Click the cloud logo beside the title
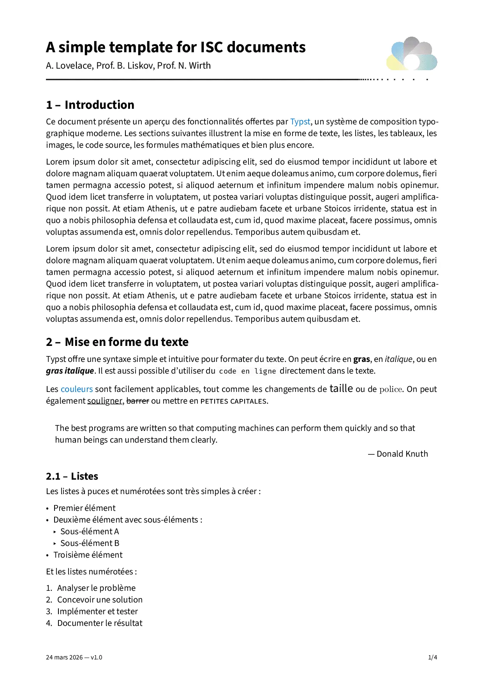(412, 54)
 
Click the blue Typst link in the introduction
(300, 122)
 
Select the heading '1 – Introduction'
(90, 105)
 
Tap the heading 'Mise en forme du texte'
(126, 342)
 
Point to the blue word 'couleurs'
(77, 389)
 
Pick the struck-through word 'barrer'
(138, 401)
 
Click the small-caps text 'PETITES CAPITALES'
(234, 401)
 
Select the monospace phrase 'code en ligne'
(247, 371)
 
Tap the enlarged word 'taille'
(341, 388)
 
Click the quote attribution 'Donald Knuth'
(402, 454)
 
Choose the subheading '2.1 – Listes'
(72, 477)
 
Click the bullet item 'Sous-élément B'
(90, 543)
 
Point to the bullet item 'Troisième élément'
(88, 555)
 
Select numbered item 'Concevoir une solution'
(100, 600)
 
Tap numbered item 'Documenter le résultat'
(100, 623)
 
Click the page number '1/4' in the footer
(432, 657)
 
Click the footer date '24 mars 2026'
(64, 657)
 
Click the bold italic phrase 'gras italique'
(70, 371)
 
